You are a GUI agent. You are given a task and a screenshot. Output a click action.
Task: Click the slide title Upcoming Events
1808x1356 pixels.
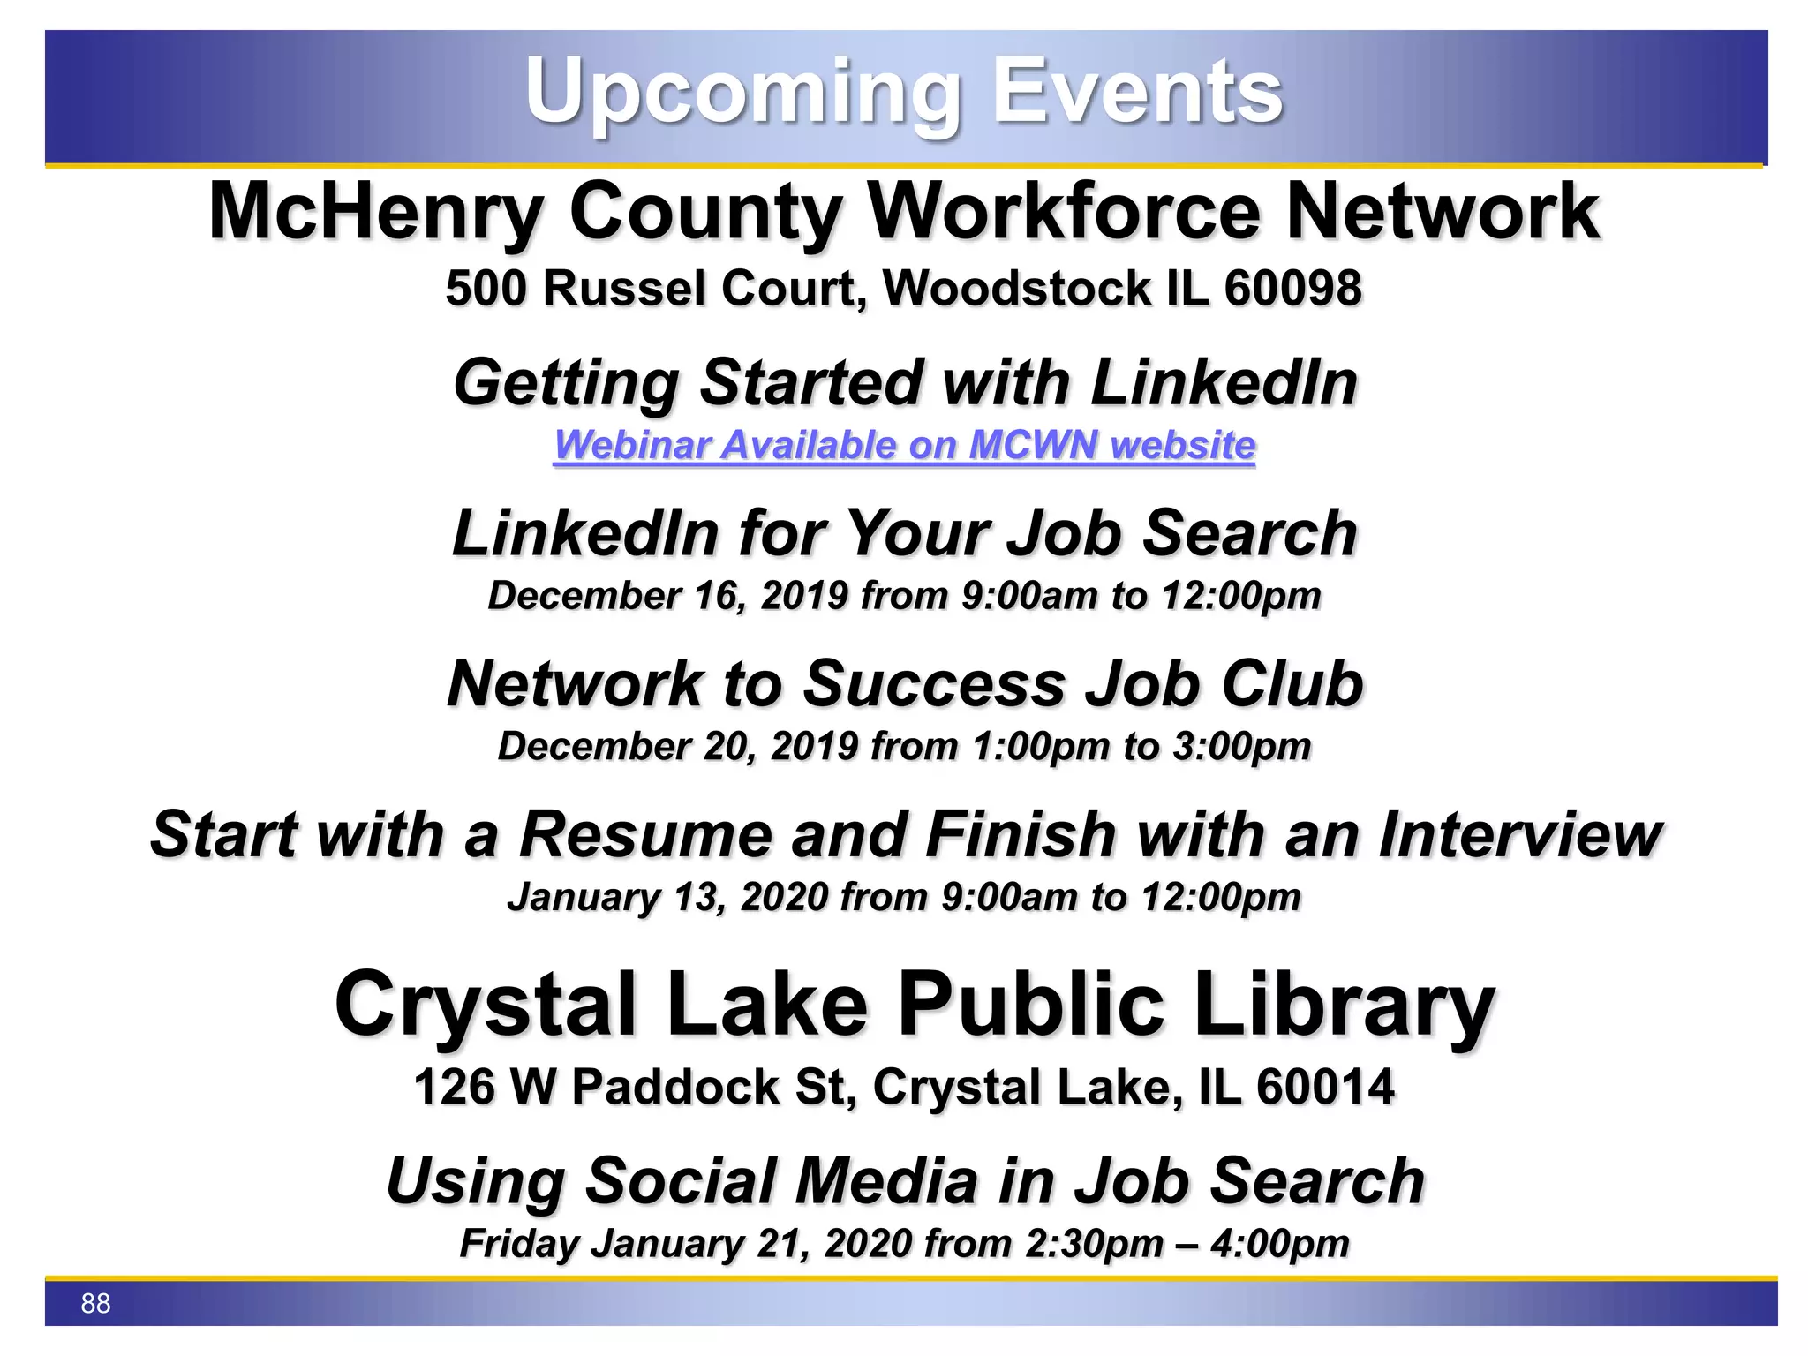coord(903,92)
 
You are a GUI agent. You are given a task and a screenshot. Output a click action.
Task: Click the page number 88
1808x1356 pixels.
coord(95,1303)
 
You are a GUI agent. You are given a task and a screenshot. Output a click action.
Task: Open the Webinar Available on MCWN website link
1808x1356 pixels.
coord(904,445)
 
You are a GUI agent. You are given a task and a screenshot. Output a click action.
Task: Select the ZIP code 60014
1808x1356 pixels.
coord(1325,1087)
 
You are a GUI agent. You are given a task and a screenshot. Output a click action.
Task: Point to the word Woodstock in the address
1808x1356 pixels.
coord(1017,289)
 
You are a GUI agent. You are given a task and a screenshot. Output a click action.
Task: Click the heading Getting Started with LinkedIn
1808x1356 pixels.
coord(904,383)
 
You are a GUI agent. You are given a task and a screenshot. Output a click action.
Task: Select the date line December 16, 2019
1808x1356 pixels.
coord(904,596)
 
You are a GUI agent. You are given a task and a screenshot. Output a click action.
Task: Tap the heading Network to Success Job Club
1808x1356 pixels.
coord(904,684)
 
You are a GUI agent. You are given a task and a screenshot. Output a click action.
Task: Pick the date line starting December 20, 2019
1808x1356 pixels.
coord(904,747)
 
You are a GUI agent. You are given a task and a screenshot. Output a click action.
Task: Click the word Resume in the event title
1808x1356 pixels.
coord(645,834)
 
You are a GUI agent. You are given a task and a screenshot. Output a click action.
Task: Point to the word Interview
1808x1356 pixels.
coord(1520,834)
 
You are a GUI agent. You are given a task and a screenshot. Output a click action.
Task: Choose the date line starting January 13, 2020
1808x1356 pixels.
coord(904,897)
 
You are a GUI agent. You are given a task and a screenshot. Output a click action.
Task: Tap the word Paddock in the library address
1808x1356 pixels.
coord(675,1087)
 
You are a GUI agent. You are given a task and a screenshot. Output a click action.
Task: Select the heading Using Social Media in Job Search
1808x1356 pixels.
coord(904,1181)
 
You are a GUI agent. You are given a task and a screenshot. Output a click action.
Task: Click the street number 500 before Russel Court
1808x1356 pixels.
coord(486,289)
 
